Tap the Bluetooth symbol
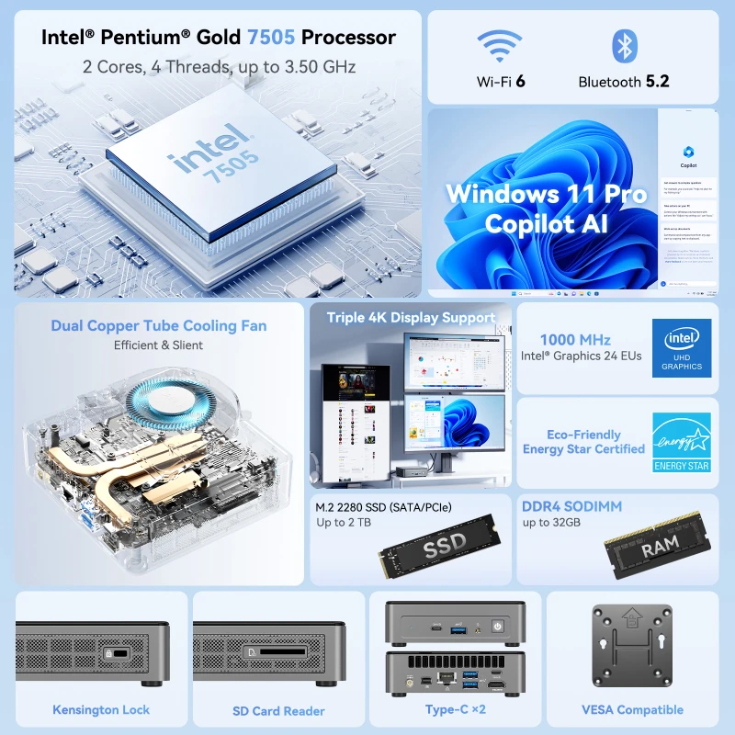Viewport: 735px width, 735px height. coord(624,46)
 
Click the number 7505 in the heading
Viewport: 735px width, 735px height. coord(271,38)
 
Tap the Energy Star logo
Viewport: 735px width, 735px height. coord(682,442)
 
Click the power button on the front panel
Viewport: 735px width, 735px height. coord(497,626)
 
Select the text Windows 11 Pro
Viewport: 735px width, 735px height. coord(547,195)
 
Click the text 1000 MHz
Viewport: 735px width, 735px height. coord(575,340)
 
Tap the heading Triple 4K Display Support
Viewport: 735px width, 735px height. coord(410,318)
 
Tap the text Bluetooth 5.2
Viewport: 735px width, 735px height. coord(624,82)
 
